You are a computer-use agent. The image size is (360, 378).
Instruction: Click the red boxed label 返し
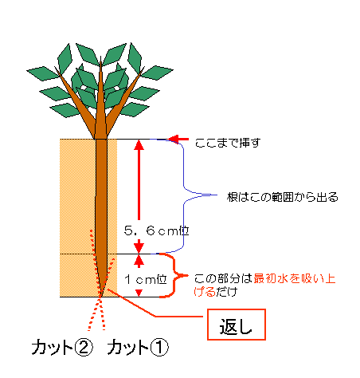(237, 325)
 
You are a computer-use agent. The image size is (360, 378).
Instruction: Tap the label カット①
(138, 347)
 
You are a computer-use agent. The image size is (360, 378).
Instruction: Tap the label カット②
(62, 347)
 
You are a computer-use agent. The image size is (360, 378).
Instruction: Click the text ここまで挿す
(228, 143)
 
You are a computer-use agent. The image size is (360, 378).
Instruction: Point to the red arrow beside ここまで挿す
(178, 139)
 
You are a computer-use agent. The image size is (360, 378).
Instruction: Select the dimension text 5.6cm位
(157, 230)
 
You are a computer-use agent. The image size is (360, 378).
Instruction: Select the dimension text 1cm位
(146, 279)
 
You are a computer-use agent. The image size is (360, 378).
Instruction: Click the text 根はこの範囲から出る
(283, 197)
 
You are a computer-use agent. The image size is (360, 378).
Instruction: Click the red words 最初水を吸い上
(295, 278)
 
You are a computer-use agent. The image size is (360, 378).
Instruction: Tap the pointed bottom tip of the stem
(100, 297)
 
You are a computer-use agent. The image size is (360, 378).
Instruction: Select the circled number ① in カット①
(160, 348)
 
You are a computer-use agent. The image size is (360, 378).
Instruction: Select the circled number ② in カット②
(84, 348)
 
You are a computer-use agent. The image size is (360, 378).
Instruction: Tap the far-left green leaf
(42, 73)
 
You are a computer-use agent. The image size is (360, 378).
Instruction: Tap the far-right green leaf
(157, 73)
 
